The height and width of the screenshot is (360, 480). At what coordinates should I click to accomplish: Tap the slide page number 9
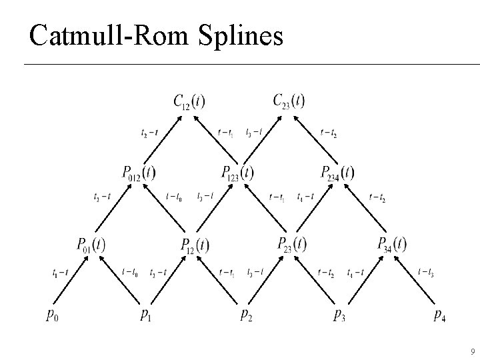pos(472,351)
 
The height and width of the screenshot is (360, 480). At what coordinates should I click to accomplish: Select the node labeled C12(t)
pos(189,101)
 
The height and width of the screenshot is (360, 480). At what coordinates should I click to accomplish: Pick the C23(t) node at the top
pos(289,101)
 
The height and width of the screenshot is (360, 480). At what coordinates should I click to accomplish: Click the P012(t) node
pos(139,173)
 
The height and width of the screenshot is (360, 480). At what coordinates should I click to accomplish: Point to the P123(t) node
pos(238,173)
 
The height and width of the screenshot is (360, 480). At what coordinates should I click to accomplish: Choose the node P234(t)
pos(338,173)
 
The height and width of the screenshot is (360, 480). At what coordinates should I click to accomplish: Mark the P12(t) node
pos(195,245)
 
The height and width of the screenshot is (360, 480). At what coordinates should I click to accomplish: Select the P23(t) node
pos(292,245)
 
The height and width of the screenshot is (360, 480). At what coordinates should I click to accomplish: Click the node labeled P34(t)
pos(391,245)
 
